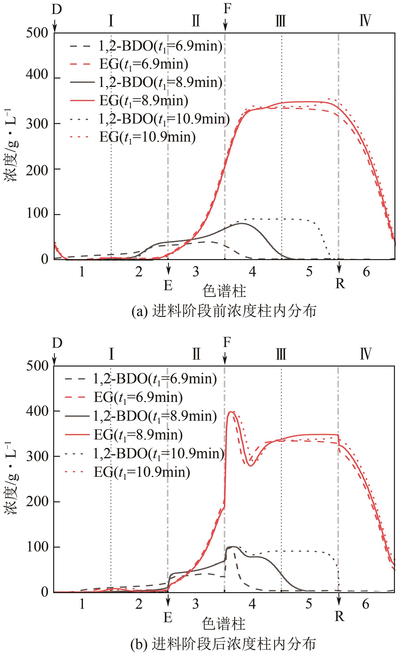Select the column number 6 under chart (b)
coord(366,604)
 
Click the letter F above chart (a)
coord(227,9)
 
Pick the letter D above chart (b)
coord(57,343)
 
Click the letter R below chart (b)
coord(340,616)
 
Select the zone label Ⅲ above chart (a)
coord(281,21)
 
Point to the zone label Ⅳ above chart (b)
coord(366,354)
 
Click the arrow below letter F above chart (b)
coord(225,359)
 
